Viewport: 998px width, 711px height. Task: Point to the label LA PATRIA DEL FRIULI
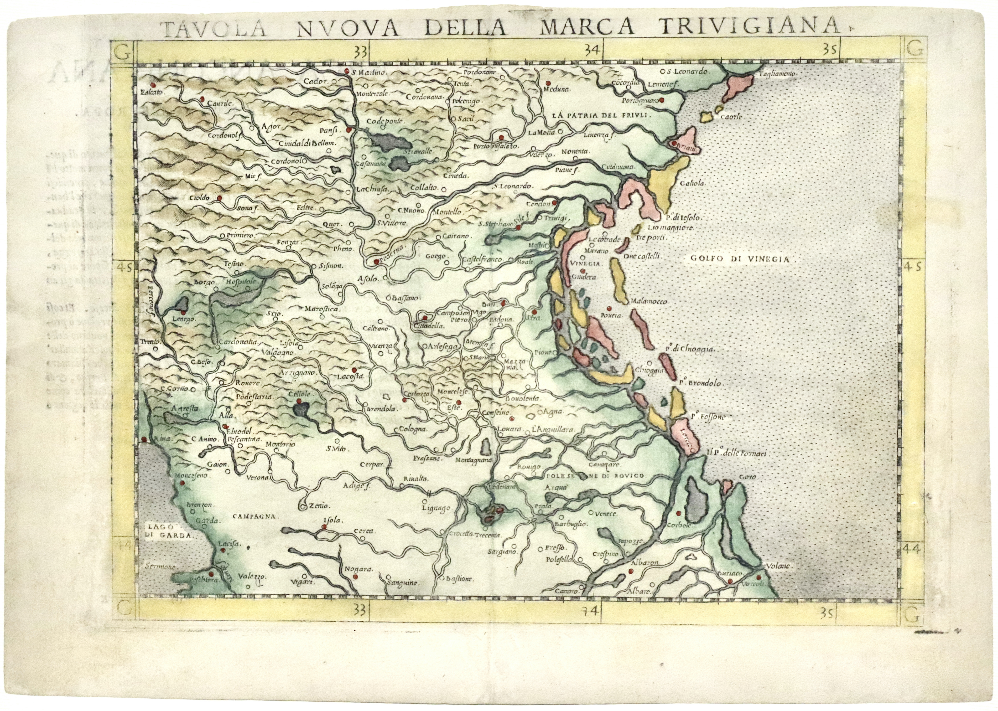point(602,116)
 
